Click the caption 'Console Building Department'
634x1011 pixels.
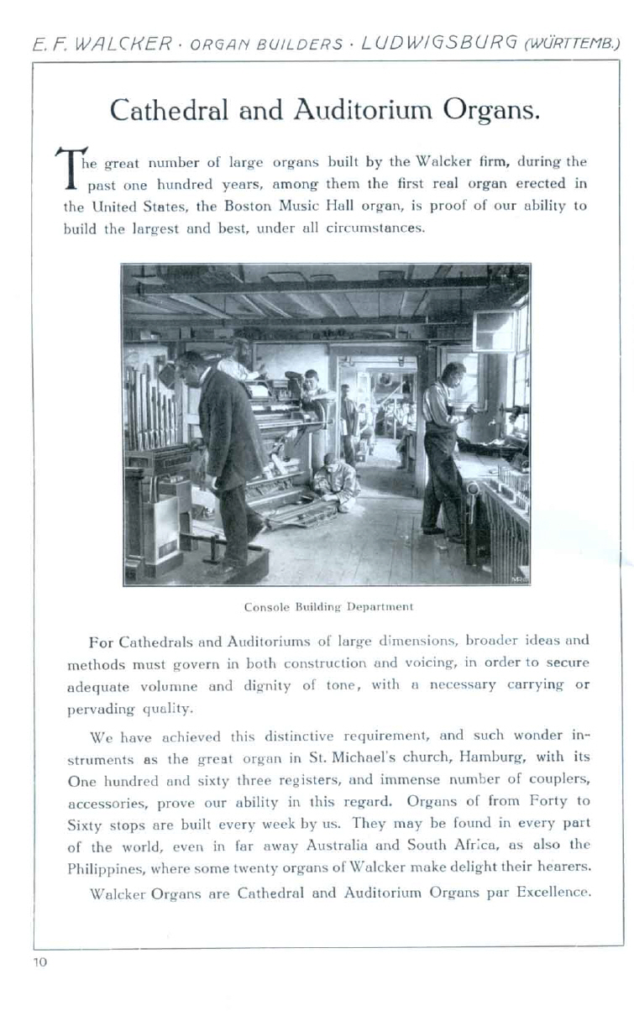(328, 605)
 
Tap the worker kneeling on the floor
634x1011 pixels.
(334, 485)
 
